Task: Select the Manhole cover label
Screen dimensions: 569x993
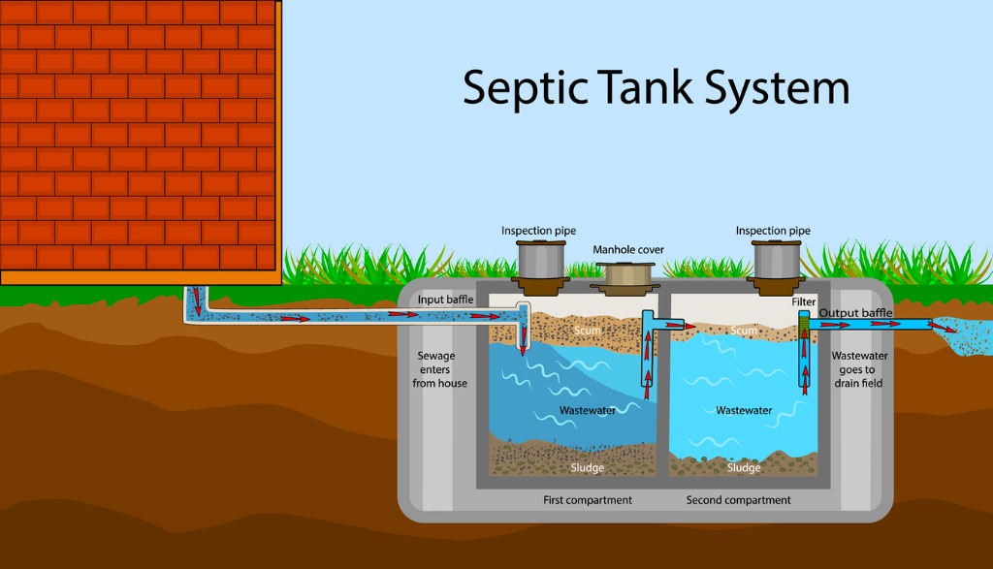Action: pos(628,250)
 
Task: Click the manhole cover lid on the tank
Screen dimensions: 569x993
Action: pos(627,277)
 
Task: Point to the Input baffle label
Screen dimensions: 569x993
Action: pos(445,300)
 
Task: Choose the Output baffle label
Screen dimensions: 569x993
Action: pos(855,313)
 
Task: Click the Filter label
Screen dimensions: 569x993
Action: pos(803,302)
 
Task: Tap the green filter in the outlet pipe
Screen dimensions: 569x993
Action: pos(803,319)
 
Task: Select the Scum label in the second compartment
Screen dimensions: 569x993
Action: pos(744,331)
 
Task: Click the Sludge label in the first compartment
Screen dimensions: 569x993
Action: pos(587,468)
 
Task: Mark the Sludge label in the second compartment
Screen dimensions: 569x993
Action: pos(744,468)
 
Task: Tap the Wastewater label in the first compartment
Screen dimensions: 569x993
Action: pos(587,411)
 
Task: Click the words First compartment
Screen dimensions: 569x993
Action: pos(587,500)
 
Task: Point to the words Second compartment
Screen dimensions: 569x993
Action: pos(738,500)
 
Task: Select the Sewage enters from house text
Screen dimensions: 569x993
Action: pos(439,369)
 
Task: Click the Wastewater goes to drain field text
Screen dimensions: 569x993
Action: pos(859,369)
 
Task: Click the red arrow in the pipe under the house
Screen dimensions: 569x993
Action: pos(198,300)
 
